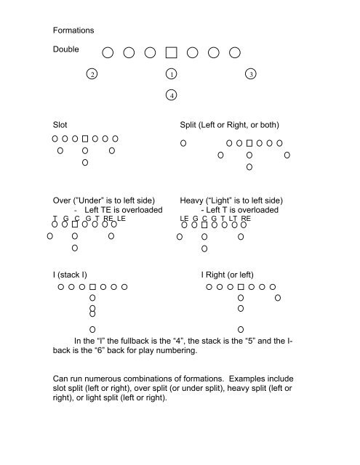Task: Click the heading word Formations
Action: [x=73, y=31]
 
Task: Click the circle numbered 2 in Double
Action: [x=91, y=74]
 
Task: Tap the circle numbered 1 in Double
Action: [x=171, y=74]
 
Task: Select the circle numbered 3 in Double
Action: [x=250, y=74]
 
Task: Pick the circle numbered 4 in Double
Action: [x=171, y=94]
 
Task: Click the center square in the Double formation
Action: [x=171, y=52]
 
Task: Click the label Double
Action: [x=66, y=51]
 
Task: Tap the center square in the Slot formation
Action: [x=85, y=137]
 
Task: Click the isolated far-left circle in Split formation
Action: [x=184, y=142]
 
